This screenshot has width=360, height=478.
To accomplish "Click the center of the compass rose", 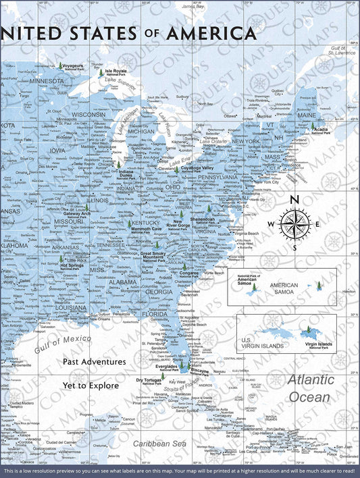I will pos(294,223).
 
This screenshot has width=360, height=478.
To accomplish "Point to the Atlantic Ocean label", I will pos(310,388).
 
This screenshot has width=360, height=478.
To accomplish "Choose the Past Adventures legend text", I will pos(95,361).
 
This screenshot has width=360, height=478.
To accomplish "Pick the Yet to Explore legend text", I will pos(91,386).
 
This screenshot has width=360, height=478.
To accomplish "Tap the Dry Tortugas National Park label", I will pos(150,380).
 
